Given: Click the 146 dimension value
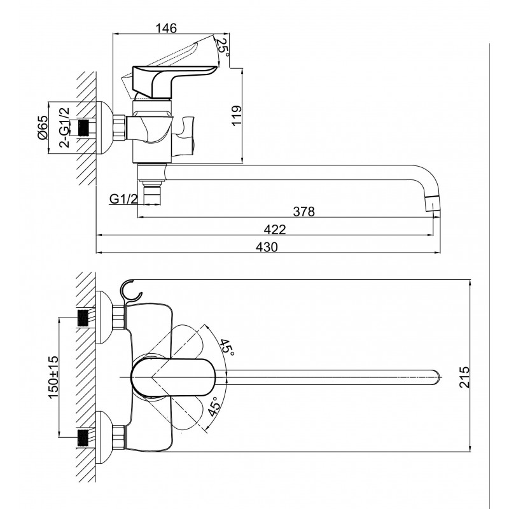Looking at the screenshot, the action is [166, 28].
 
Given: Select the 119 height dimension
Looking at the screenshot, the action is [237, 115].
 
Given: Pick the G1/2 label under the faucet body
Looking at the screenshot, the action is [123, 199].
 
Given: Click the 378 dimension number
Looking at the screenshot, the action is [304, 212].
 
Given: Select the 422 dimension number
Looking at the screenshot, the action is [275, 230].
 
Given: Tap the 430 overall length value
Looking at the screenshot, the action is [267, 247].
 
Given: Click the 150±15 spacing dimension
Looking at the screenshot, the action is [53, 377].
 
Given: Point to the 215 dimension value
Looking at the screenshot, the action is [464, 377].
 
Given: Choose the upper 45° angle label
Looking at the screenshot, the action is [227, 347].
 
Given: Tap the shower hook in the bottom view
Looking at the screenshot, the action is [131, 291].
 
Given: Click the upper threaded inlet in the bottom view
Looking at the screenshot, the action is [83, 317].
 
